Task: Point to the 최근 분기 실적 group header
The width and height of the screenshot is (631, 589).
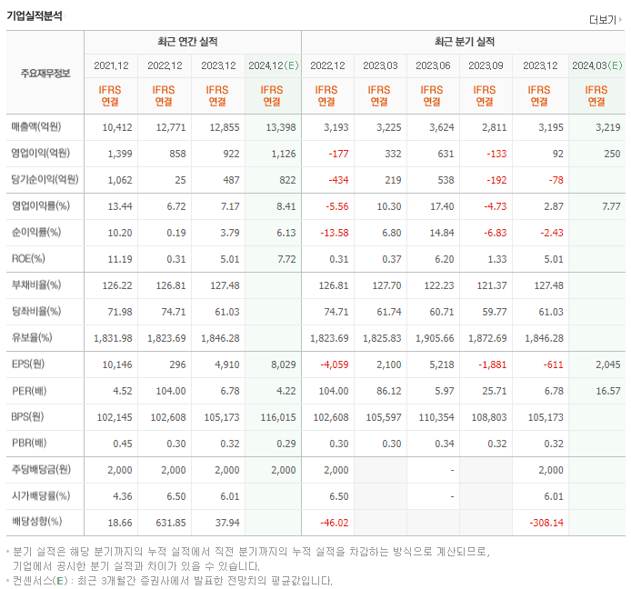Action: pyautogui.click(x=464, y=42)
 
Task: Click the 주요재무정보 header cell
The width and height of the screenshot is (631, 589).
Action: pyautogui.click(x=45, y=73)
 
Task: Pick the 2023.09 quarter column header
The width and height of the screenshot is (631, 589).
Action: pyautogui.click(x=486, y=65)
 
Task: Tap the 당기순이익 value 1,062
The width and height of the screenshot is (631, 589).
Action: pyautogui.click(x=119, y=179)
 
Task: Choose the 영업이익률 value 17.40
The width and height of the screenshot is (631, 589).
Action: pyautogui.click(x=438, y=206)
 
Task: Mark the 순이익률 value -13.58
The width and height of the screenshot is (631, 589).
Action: pyautogui.click(x=333, y=232)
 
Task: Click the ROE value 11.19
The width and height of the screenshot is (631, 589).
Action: pyautogui.click(x=119, y=258)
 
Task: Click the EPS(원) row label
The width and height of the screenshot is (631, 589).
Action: pyautogui.click(x=26, y=364)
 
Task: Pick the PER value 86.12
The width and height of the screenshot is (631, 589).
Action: pyautogui.click(x=386, y=391)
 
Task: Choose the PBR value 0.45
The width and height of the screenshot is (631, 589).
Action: pyautogui.click(x=123, y=444)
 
